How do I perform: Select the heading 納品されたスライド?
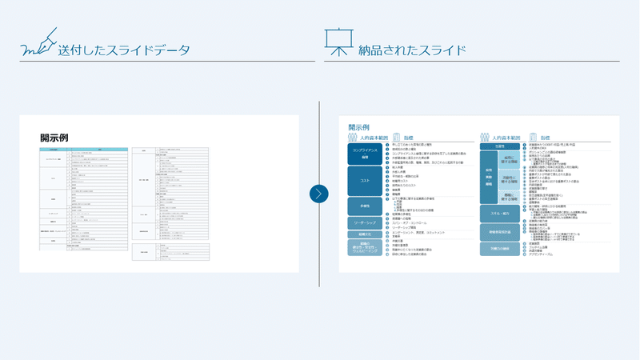pos(414,50)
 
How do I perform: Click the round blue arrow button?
pos(319,194)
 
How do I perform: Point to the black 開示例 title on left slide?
pos(54,138)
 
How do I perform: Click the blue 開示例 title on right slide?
pos(358,127)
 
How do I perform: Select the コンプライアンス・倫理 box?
pos(364,153)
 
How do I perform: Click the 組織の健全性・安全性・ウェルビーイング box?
pos(364,250)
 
